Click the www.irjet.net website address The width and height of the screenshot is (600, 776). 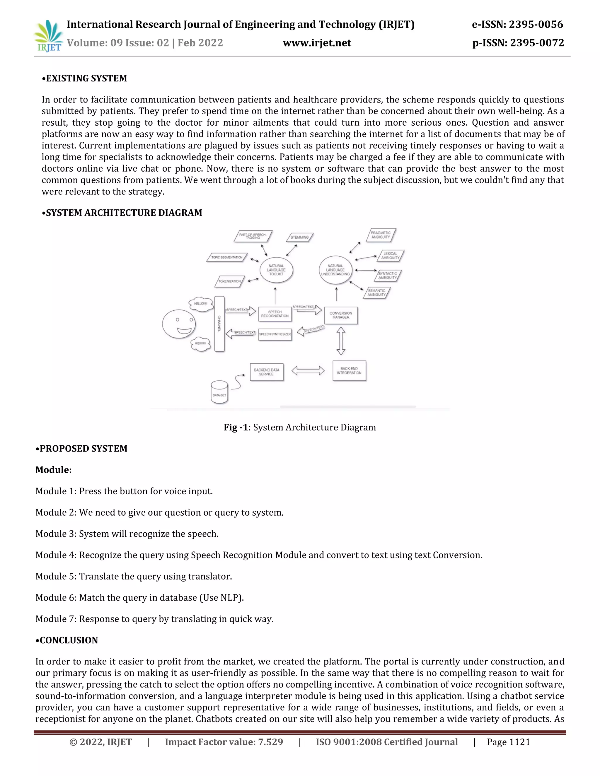[317, 43]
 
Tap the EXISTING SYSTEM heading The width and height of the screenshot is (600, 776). [85, 78]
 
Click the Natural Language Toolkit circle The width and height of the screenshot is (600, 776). [276, 270]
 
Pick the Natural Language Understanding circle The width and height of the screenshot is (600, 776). [335, 270]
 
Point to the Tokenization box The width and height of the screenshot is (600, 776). [230, 281]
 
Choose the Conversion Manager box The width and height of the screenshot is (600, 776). [341, 315]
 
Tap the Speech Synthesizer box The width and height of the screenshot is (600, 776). [275, 334]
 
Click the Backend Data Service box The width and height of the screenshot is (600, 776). [267, 372]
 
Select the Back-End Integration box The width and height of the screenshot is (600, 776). [349, 371]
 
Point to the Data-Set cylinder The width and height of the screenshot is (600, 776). [219, 393]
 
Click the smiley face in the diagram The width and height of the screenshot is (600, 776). [179, 324]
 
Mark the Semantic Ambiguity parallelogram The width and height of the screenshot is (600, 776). [377, 293]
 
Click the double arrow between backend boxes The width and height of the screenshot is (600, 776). [308, 371]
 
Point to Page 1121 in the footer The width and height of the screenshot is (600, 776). [508, 742]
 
